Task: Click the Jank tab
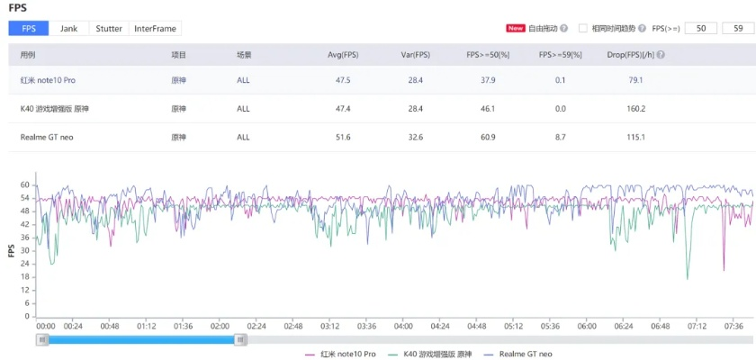(68, 29)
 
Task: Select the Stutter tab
(109, 29)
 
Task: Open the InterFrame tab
(156, 29)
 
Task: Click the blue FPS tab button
(30, 29)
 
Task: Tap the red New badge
(516, 28)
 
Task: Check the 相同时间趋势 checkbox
(583, 28)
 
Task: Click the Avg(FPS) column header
(343, 54)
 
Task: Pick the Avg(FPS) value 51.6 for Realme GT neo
(343, 137)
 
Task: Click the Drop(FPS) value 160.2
(636, 109)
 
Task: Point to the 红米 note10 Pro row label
(48, 80)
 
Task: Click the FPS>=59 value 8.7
(559, 137)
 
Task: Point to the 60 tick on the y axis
(25, 184)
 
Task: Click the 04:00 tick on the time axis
(403, 326)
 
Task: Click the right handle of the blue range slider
(240, 339)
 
